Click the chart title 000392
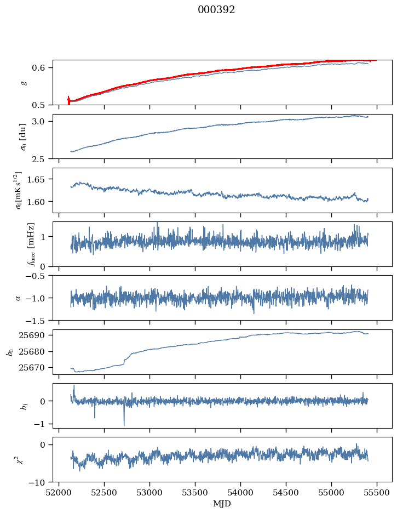coord(216,10)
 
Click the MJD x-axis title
coord(222,504)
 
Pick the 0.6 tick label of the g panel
coord(43,68)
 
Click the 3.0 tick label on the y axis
coord(43,121)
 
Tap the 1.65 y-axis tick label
coord(41,179)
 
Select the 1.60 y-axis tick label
coord(41,202)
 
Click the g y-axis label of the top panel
coord(23,82)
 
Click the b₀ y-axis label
coord(9,352)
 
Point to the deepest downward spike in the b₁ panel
coord(124,425)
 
